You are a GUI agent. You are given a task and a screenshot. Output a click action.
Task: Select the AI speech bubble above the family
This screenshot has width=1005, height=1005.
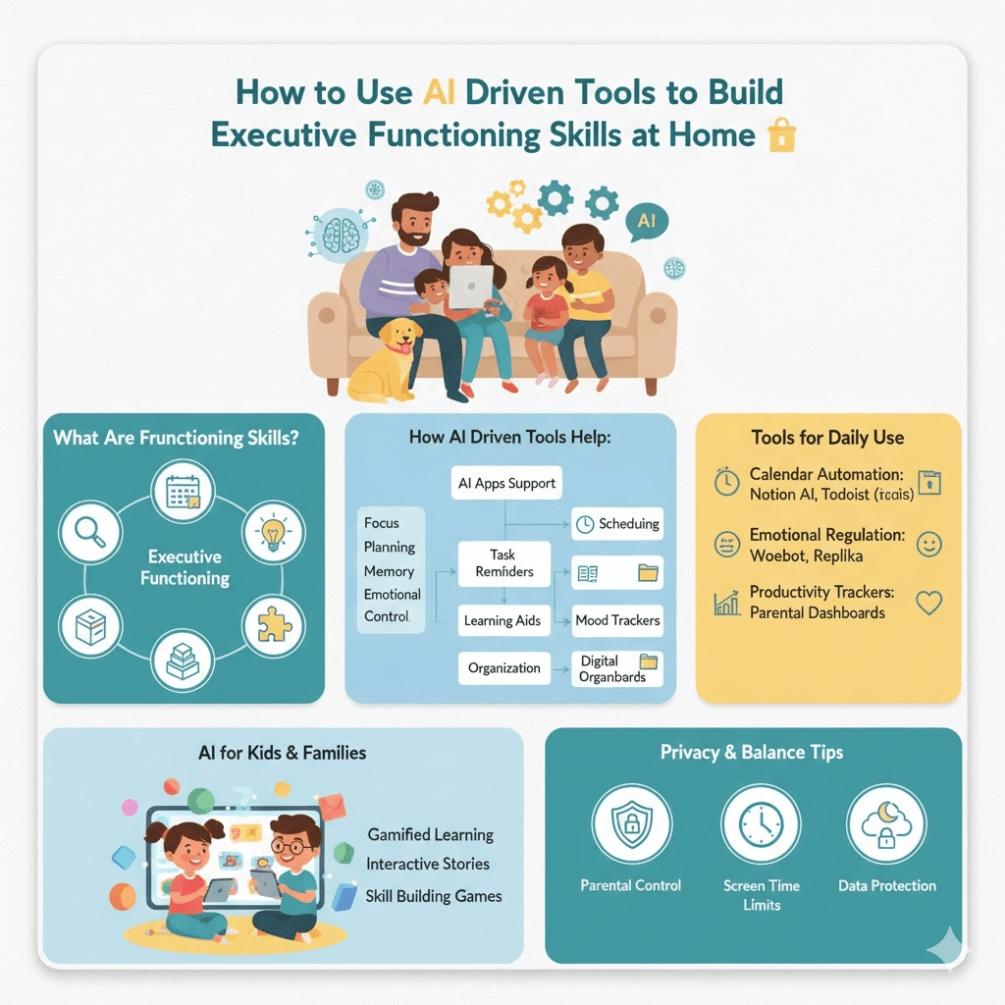point(646,222)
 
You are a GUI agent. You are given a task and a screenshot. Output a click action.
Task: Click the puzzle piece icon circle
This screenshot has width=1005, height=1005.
point(271,624)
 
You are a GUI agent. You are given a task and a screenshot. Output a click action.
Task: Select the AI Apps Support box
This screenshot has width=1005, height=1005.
point(506,483)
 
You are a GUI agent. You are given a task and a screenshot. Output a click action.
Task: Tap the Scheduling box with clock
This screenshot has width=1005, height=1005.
point(617,524)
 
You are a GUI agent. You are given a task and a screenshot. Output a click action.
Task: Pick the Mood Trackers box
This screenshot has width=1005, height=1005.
point(617,620)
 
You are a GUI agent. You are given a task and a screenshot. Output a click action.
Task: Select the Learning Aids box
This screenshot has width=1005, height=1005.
point(501,620)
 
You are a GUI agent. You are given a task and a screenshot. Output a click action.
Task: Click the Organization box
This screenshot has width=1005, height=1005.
point(503,668)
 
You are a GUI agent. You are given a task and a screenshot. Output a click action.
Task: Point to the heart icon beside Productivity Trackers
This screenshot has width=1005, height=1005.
point(927,602)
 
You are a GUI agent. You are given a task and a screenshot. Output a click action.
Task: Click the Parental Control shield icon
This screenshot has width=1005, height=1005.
point(631,824)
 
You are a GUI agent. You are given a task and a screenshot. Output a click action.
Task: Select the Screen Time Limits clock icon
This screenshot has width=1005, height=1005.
point(761,824)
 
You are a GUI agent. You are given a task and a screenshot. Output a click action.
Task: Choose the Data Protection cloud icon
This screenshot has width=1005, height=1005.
point(886,824)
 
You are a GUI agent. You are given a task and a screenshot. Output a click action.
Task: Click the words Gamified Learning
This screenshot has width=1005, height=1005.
point(430,834)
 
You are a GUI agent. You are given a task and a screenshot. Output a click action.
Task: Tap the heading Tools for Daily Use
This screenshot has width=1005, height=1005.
point(827,438)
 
